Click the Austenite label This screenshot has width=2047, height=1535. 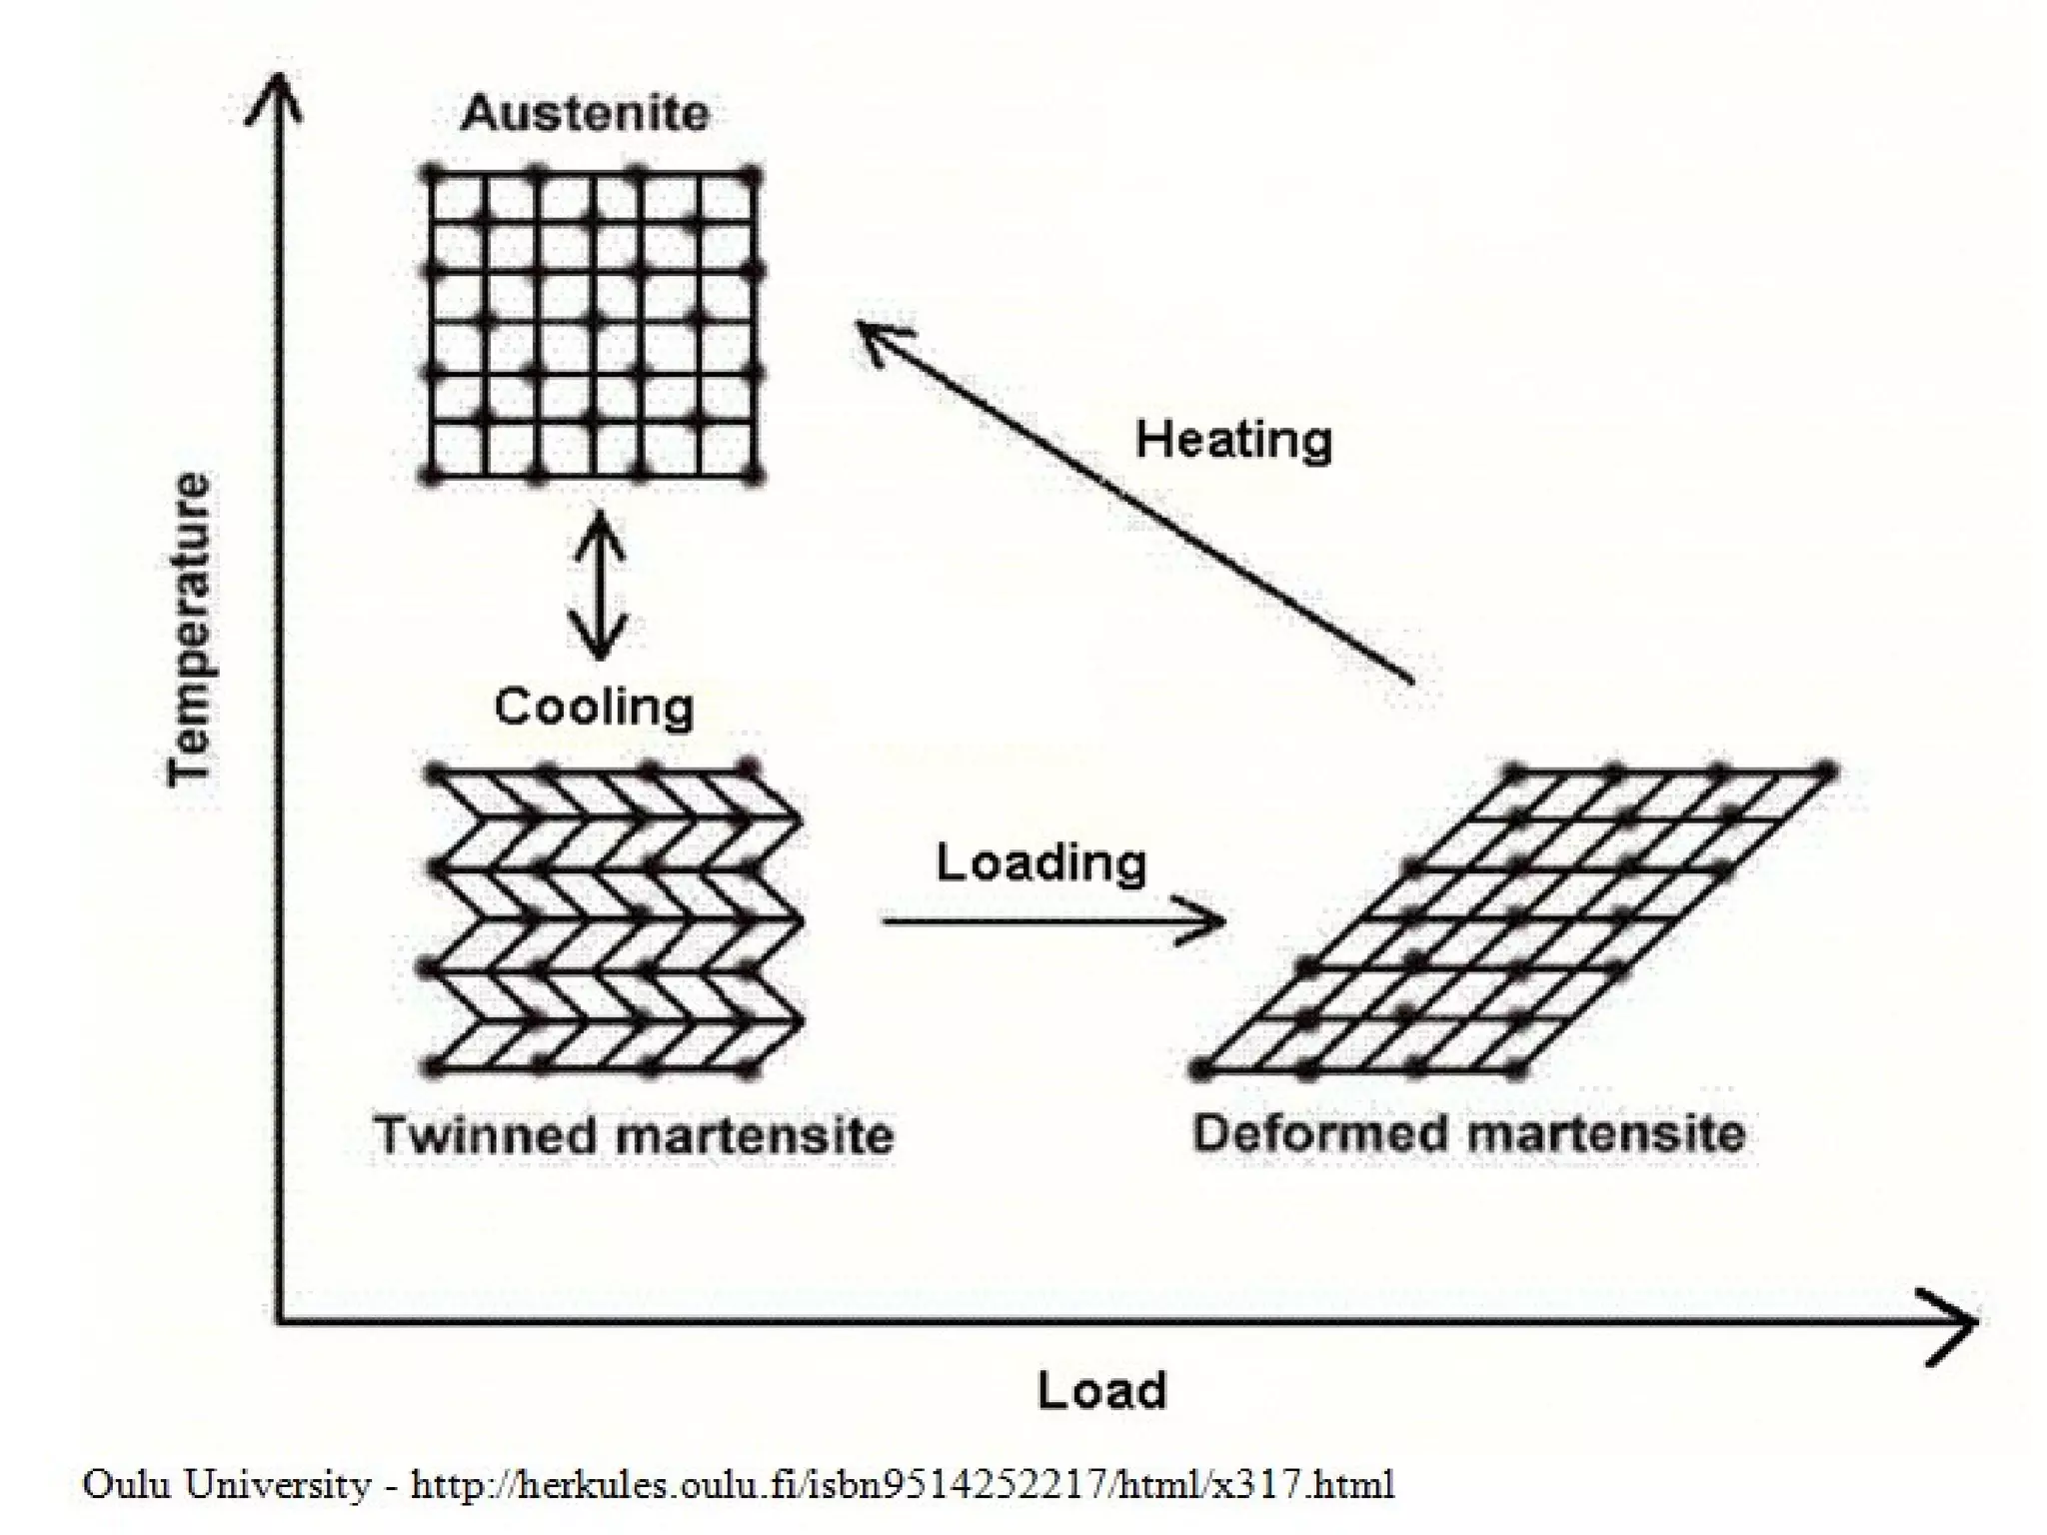pyautogui.click(x=585, y=113)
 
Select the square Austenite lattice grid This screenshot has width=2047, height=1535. pyautogui.click(x=592, y=325)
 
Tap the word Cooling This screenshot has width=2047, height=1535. pyautogui.click(x=594, y=707)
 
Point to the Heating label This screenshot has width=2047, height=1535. pyautogui.click(x=1233, y=440)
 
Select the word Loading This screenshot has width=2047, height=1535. pyautogui.click(x=1040, y=861)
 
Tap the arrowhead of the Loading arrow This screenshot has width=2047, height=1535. pyautogui.click(x=1209, y=920)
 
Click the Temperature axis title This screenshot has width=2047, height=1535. pyautogui.click(x=189, y=629)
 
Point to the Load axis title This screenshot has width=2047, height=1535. pyautogui.click(x=1101, y=1390)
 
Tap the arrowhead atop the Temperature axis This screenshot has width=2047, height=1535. pyautogui.click(x=275, y=100)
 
